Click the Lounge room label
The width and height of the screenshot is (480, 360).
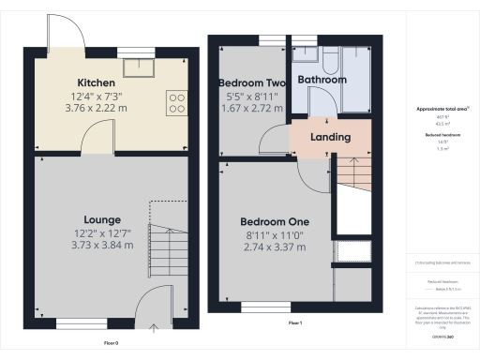(102, 219)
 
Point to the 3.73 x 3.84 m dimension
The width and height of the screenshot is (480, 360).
(102, 245)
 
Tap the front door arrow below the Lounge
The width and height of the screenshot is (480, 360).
(153, 327)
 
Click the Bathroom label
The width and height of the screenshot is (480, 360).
(322, 80)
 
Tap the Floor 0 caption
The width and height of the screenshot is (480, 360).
(111, 343)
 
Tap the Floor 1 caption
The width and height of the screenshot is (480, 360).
(294, 322)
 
